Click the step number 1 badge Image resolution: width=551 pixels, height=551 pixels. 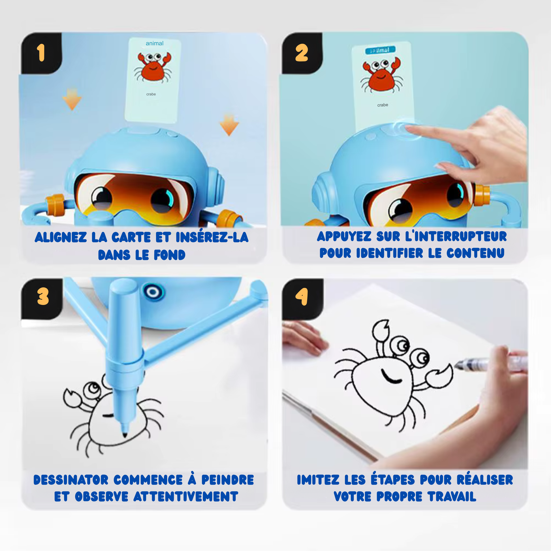[41, 53]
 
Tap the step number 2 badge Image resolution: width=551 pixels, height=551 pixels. [302, 53]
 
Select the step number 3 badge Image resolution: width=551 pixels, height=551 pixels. [43, 296]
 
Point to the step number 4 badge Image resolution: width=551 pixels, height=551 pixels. [302, 296]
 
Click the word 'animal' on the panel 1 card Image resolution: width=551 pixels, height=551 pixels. [154, 43]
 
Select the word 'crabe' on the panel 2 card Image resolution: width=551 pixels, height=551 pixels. [383, 105]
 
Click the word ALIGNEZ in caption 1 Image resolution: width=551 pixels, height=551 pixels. [61, 237]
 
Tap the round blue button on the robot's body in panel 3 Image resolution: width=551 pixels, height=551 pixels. [153, 292]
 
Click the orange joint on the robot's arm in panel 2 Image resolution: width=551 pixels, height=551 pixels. [482, 195]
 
